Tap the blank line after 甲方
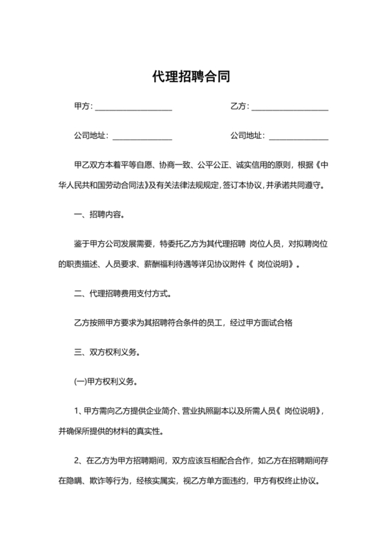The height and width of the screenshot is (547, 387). (133, 108)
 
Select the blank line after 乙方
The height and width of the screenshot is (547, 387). (290, 108)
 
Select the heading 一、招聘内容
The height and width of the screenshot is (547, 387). (99, 215)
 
